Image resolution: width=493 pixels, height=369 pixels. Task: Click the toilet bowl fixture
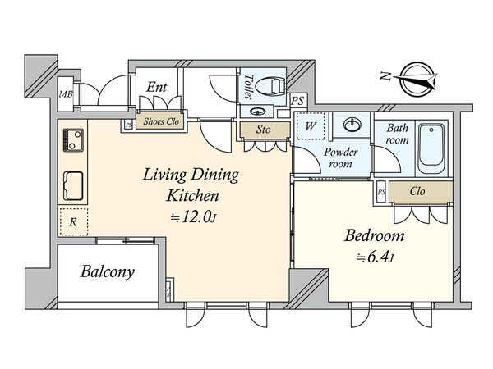coord(270,86)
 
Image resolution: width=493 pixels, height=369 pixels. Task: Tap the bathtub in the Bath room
coord(431,148)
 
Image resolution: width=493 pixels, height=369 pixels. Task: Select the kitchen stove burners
coord(73,140)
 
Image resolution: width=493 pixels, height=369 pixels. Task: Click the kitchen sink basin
coord(73,186)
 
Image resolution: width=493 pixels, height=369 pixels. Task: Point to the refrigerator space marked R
coord(73,221)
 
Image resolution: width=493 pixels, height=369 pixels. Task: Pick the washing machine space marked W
coord(311,126)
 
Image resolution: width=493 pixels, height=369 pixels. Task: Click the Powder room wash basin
coord(352,125)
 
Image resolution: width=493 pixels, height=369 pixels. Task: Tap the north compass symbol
coord(416,79)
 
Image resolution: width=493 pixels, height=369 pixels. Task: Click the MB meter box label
coord(66,93)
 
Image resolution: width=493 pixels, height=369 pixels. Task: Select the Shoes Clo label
coord(161,121)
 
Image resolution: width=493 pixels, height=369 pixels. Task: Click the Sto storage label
coord(263,130)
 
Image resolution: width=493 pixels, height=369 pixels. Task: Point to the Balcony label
coord(107,271)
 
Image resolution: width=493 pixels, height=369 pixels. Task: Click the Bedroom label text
coord(374,235)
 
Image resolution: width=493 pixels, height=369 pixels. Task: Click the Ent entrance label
coord(157,87)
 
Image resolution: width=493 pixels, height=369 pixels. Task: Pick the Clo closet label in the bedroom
coord(417,191)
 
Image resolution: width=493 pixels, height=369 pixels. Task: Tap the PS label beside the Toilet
coord(297,101)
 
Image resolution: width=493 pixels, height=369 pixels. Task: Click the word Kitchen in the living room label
coord(192,195)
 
